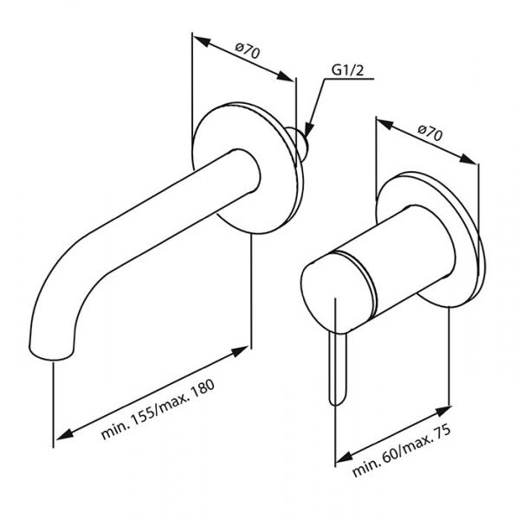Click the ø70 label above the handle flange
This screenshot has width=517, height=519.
pyautogui.click(x=430, y=133)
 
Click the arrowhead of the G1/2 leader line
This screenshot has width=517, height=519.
pyautogui.click(x=309, y=131)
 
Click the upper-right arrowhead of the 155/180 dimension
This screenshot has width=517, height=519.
pyautogui.click(x=245, y=348)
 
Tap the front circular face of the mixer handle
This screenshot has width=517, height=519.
pyautogui.click(x=332, y=293)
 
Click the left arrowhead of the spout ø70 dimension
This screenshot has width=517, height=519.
pyautogui.click(x=197, y=39)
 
